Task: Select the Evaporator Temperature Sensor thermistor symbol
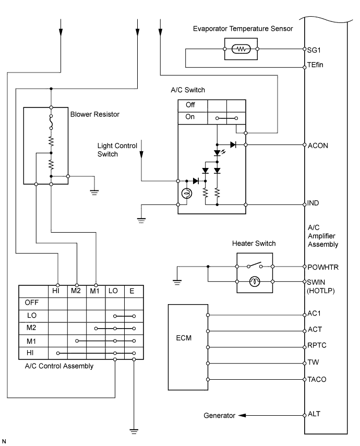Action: (x=241, y=50)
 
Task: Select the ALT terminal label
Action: (x=315, y=414)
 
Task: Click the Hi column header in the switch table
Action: (x=57, y=291)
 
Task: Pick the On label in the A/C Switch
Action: (x=190, y=117)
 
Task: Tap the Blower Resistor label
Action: (x=92, y=113)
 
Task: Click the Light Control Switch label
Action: (x=115, y=150)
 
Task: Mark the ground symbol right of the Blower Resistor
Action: (x=94, y=191)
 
